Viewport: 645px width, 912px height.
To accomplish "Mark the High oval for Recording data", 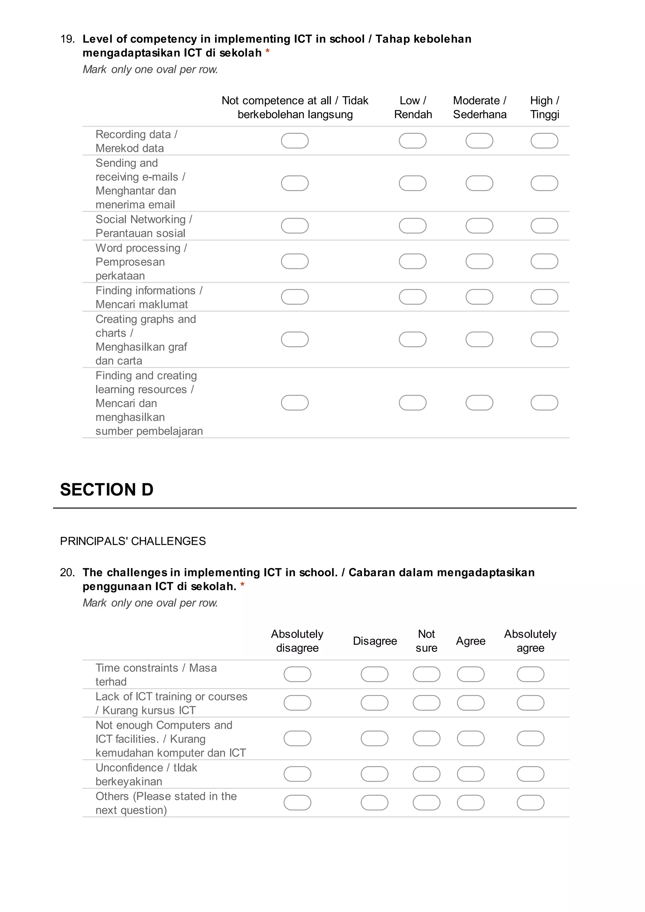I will click(x=544, y=141).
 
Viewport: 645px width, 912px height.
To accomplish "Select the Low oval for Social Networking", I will click(x=413, y=226).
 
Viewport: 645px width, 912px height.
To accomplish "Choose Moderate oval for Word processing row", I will click(x=479, y=262).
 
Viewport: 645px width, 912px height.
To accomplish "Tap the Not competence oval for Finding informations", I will click(x=295, y=297).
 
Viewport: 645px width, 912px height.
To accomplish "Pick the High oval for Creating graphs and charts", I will click(x=544, y=340).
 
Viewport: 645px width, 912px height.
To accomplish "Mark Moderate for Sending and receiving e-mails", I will click(x=479, y=183).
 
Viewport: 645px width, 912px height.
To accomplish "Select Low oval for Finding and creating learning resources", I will click(x=413, y=403).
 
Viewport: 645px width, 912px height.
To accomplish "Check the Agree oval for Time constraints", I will click(x=471, y=674).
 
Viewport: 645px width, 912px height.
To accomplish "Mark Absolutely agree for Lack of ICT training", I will click(x=530, y=703).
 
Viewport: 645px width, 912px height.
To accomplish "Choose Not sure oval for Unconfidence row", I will click(x=426, y=774).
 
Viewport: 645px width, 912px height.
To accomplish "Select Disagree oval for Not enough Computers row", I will click(x=374, y=739).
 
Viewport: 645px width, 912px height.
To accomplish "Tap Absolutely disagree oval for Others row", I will click(x=298, y=803).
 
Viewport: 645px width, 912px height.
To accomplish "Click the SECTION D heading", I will click(x=107, y=489).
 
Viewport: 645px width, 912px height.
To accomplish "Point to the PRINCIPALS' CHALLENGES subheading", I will click(x=133, y=541).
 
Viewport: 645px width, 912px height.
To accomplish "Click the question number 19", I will click(x=67, y=39).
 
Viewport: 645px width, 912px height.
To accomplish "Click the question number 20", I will click(x=67, y=572).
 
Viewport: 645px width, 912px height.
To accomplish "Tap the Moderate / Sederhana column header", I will click(x=480, y=107).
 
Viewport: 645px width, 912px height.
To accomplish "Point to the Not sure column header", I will click(x=426, y=641).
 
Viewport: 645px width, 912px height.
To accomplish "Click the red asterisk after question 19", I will click(x=268, y=52).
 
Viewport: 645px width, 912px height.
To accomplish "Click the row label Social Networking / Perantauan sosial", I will click(x=144, y=226).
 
